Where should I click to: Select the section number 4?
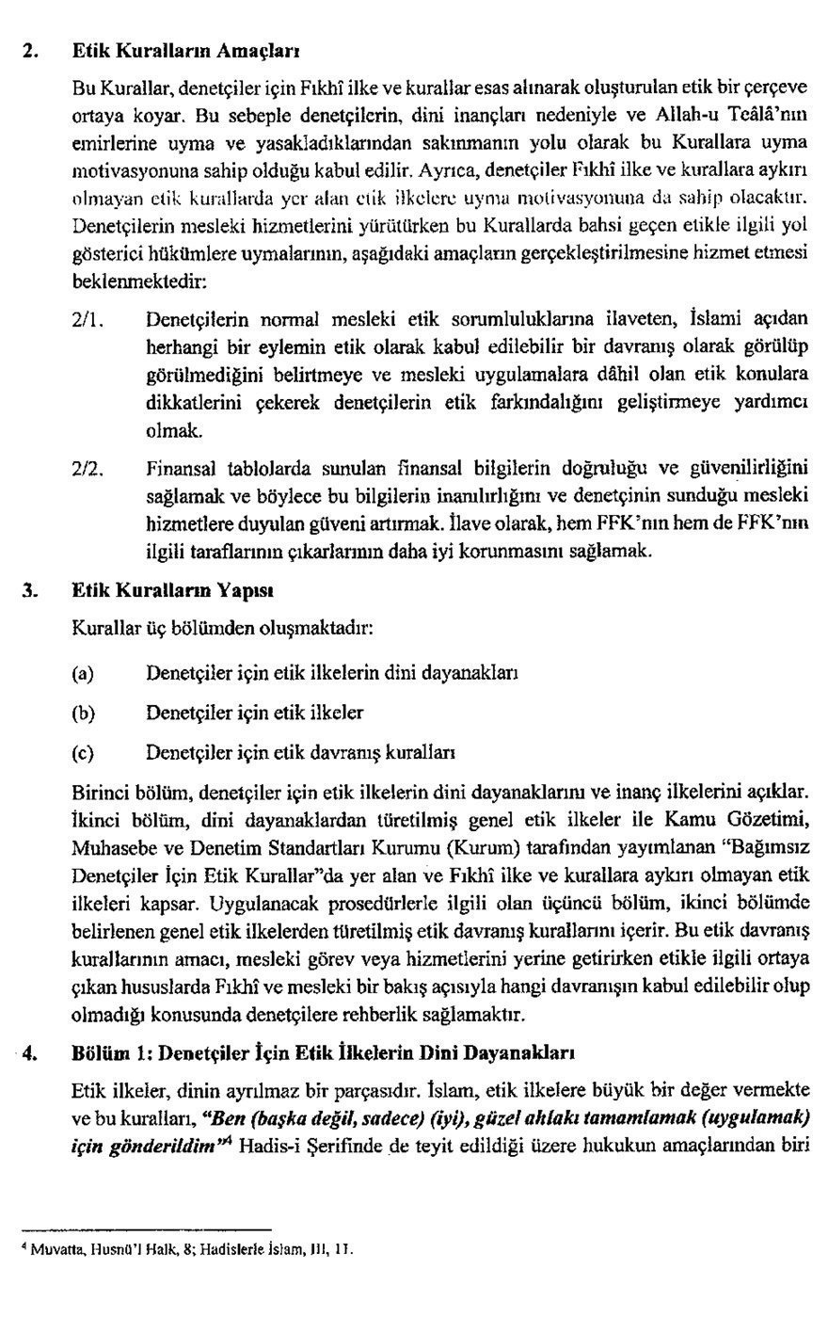pos(28,1051)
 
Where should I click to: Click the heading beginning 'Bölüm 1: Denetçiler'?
pos(324,1051)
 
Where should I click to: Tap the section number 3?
pos(29,591)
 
